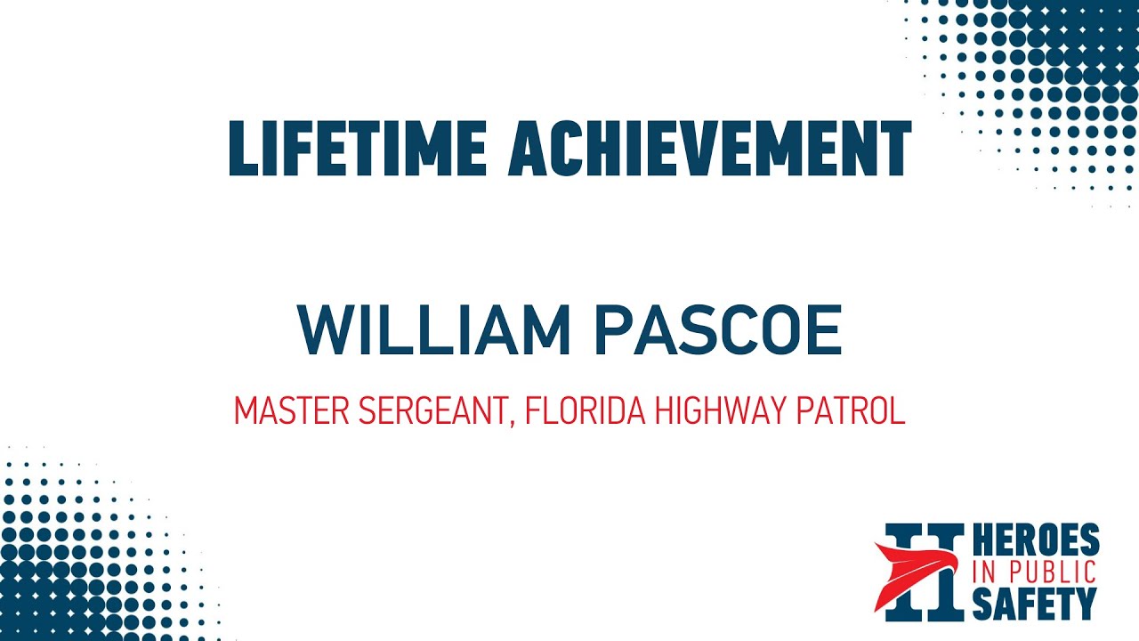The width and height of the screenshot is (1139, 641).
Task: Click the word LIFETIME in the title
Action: [357, 147]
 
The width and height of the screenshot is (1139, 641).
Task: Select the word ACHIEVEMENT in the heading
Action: [709, 147]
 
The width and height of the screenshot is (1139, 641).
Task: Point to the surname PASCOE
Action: [717, 330]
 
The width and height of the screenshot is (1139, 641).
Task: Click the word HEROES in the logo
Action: [1036, 542]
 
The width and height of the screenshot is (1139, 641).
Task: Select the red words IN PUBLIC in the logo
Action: [1034, 572]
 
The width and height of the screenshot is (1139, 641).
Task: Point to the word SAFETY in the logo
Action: [1034, 603]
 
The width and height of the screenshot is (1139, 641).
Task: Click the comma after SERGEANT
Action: [513, 422]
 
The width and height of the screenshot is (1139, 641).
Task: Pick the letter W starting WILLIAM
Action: [322, 330]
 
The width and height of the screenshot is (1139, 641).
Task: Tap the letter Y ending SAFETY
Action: [1086, 603]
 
